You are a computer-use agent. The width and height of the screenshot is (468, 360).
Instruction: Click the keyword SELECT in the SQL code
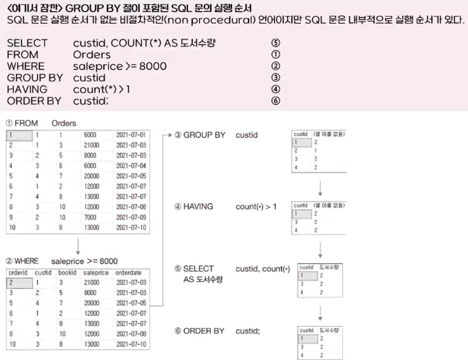(x=27, y=43)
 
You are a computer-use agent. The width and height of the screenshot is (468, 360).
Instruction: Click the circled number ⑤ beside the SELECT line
(x=276, y=43)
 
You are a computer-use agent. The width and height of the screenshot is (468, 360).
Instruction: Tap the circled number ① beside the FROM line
(x=276, y=55)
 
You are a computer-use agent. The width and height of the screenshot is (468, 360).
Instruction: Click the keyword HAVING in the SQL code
(x=27, y=89)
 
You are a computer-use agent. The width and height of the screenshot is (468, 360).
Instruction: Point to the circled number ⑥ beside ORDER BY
(x=276, y=101)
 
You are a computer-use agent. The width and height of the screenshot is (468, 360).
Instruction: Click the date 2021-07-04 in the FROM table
(x=131, y=166)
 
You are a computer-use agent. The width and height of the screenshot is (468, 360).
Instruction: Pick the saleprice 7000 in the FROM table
(x=91, y=217)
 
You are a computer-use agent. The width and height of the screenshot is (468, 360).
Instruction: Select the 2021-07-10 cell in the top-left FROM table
(x=131, y=228)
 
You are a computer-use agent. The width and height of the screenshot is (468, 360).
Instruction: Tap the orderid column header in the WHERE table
(x=18, y=273)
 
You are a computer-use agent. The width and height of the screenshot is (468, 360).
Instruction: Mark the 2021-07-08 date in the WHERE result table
(x=131, y=334)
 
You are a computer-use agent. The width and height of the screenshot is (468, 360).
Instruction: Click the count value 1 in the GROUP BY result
(x=315, y=151)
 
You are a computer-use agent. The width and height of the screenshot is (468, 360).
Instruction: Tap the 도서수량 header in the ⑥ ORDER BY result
(x=331, y=330)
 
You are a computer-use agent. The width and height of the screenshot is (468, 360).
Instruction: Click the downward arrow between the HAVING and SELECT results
(x=321, y=249)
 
